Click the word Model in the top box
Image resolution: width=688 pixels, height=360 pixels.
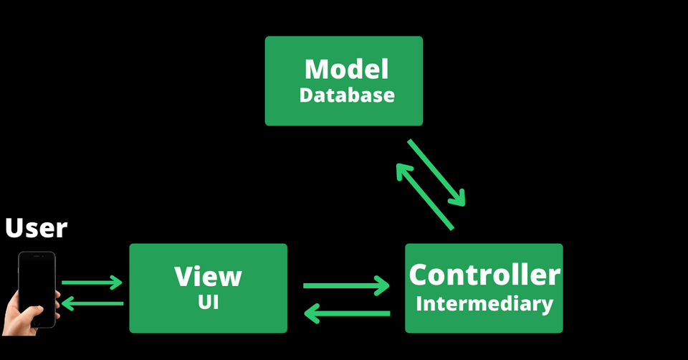pos(347,70)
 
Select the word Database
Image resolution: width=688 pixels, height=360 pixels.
pos(347,95)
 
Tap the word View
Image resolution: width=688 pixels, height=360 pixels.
pos(209,276)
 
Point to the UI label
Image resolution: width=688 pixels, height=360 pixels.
pos(209,302)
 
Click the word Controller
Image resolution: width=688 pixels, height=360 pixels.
pos(484,275)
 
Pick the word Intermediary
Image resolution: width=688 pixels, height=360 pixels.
pos(484,303)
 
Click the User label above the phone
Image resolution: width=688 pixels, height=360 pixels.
pos(36,228)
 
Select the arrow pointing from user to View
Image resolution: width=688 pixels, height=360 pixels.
pos(92,283)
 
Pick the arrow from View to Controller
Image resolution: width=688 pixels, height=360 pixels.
pos(346,286)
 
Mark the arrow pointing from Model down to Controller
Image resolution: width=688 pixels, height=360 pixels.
pos(437,172)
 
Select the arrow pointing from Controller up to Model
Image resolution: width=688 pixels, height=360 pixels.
pos(424,195)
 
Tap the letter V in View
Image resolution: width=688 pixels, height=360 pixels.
pos(183,276)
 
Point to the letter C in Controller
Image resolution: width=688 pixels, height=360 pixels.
pos(419,275)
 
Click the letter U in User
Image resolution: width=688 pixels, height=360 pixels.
pos(14,228)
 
